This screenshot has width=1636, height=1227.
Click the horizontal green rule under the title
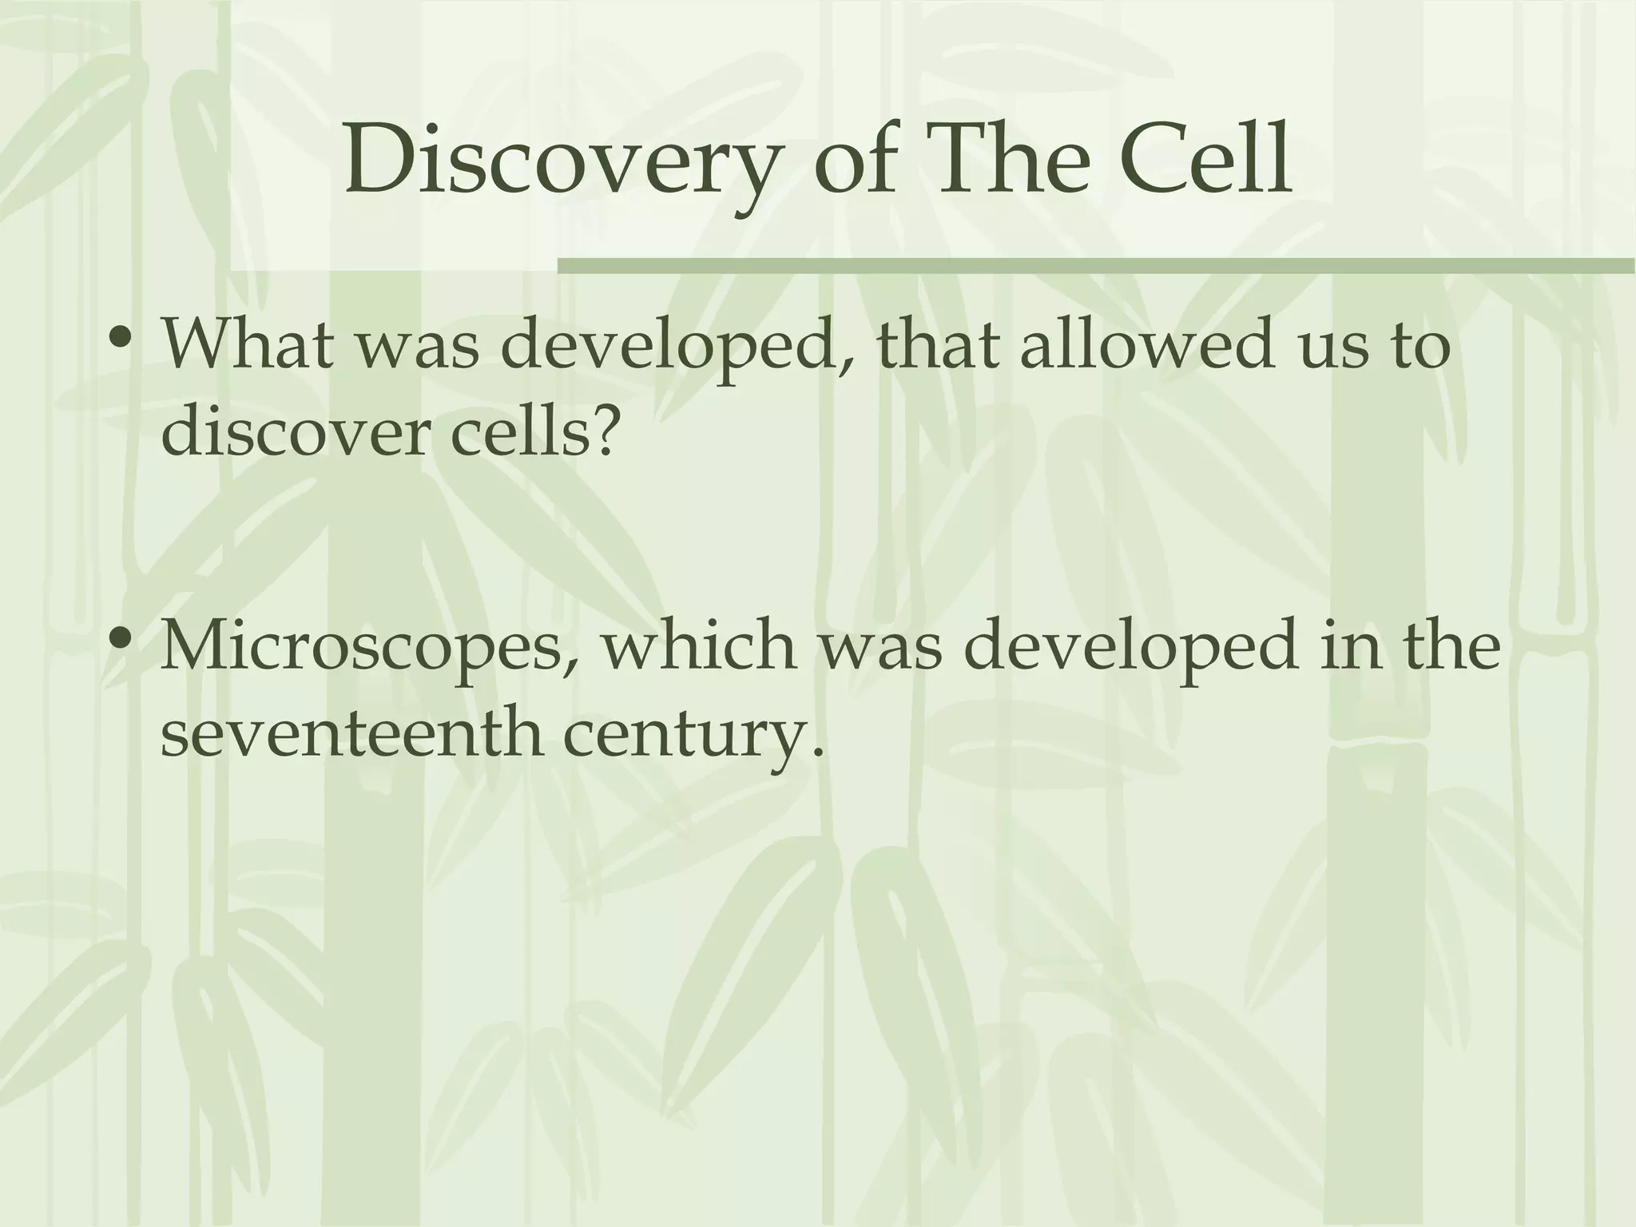[1094, 265]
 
